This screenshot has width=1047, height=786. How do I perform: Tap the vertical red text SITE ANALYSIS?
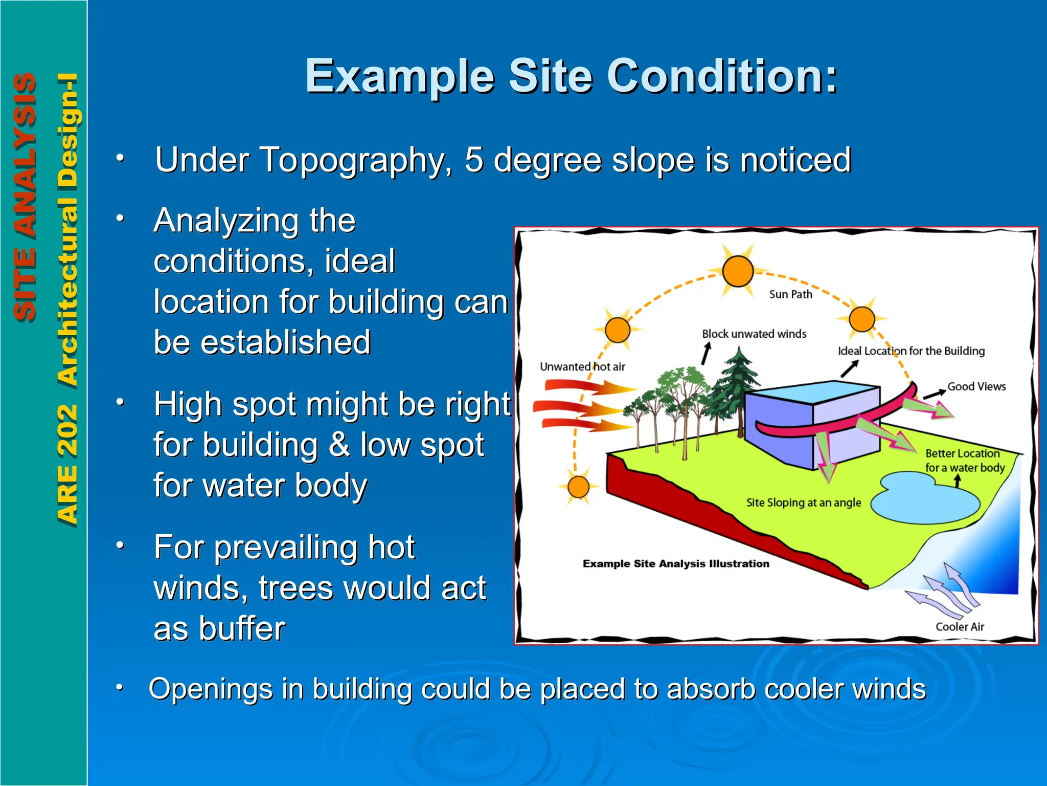tap(25, 197)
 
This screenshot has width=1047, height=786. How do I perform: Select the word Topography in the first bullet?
tap(353, 161)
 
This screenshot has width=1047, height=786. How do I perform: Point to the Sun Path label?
tap(790, 294)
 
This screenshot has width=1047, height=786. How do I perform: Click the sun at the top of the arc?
tap(737, 271)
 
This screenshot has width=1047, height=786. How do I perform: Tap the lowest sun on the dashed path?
tap(578, 487)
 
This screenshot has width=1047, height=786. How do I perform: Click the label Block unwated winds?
tap(754, 334)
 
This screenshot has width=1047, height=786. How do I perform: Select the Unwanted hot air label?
tap(582, 367)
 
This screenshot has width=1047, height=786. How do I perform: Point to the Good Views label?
tap(976, 387)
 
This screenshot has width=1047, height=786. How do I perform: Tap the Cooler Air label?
tap(960, 627)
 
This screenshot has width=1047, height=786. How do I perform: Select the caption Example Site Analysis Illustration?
tap(676, 564)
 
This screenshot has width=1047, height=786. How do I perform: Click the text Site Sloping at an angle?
tap(803, 503)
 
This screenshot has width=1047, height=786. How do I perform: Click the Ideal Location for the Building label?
tap(911, 351)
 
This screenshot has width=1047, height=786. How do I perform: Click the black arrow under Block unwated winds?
tap(706, 353)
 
